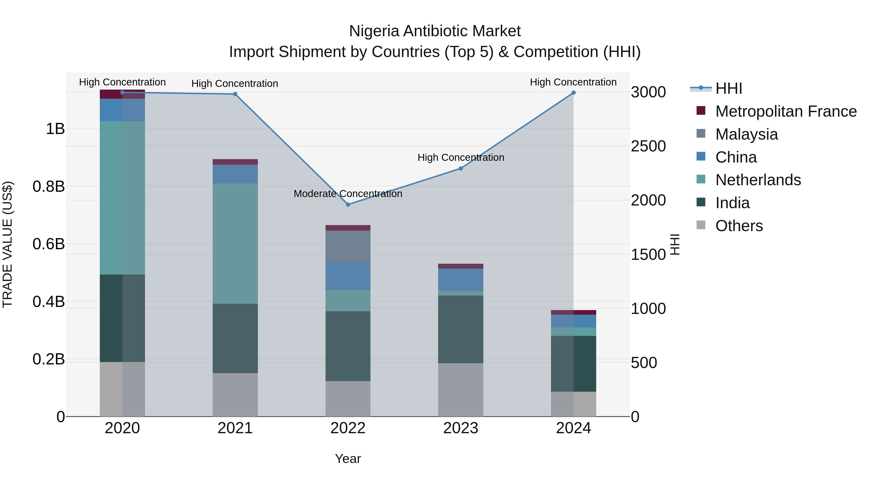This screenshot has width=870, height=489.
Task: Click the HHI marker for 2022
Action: [348, 205]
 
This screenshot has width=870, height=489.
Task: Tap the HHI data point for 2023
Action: [461, 168]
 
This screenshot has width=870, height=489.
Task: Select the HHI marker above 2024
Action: [573, 92]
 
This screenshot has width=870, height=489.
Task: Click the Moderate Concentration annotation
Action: [348, 194]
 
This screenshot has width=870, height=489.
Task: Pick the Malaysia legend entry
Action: [747, 134]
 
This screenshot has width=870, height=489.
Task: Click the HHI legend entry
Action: [728, 88]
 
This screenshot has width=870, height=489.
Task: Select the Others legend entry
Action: [739, 226]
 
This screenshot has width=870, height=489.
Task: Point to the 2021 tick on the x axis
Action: [235, 428]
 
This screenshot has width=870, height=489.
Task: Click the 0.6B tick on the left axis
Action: [49, 244]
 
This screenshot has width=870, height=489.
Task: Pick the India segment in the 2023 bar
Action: [461, 329]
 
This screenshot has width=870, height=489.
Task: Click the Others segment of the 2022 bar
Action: [348, 398]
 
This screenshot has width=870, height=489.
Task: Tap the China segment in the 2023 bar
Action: [461, 279]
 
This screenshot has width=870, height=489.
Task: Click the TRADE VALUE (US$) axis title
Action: [7, 244]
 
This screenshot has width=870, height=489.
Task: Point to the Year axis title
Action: [348, 459]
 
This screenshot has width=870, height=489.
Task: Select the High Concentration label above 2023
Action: [461, 158]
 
